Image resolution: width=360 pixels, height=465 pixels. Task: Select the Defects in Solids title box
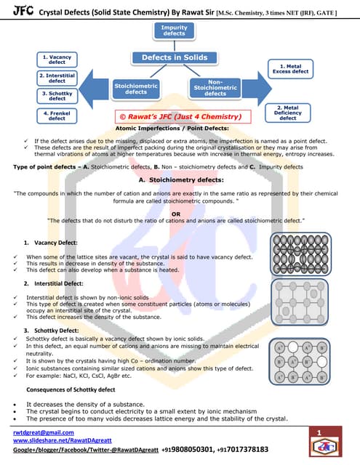point(174,58)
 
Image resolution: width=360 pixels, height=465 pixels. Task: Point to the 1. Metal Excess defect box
point(289,68)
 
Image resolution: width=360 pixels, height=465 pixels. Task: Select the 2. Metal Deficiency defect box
point(288,113)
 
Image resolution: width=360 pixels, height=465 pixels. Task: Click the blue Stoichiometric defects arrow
point(131,89)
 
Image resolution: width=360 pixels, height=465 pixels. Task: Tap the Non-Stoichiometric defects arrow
point(218,89)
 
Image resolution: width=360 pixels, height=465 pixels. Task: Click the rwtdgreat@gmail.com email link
point(44,432)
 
